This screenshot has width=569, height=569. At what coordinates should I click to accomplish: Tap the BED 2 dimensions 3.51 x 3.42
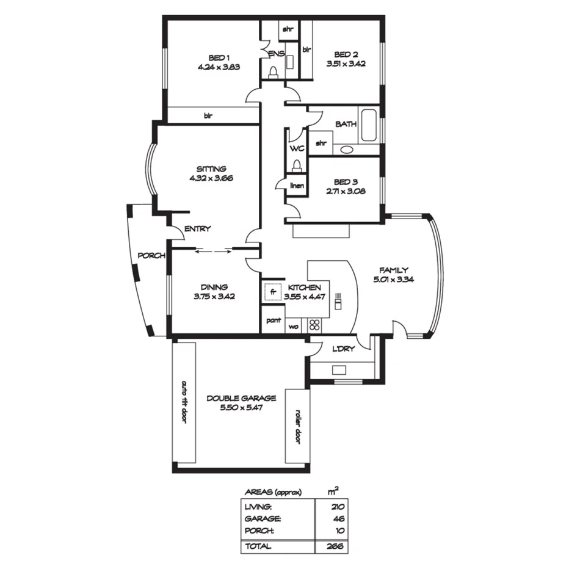pyautogui.click(x=346, y=63)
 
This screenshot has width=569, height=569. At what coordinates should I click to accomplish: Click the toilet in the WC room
pyautogui.click(x=296, y=166)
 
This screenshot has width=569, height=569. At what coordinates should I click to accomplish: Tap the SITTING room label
pyautogui.click(x=211, y=169)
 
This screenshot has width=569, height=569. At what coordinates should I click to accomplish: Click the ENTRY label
pyautogui.click(x=197, y=229)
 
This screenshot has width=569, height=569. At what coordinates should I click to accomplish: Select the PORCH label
pyautogui.click(x=151, y=255)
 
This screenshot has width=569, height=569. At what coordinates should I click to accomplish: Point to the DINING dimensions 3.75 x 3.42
pyautogui.click(x=214, y=296)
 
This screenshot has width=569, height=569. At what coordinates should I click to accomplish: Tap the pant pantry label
pyautogui.click(x=273, y=319)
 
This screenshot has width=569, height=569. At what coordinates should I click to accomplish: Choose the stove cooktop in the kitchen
pyautogui.click(x=315, y=325)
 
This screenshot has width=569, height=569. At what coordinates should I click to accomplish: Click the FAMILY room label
pyautogui.click(x=393, y=270)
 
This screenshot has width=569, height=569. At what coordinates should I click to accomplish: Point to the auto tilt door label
pyautogui.click(x=184, y=403)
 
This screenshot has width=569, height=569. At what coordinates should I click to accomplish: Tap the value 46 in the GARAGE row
pyautogui.click(x=339, y=518)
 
